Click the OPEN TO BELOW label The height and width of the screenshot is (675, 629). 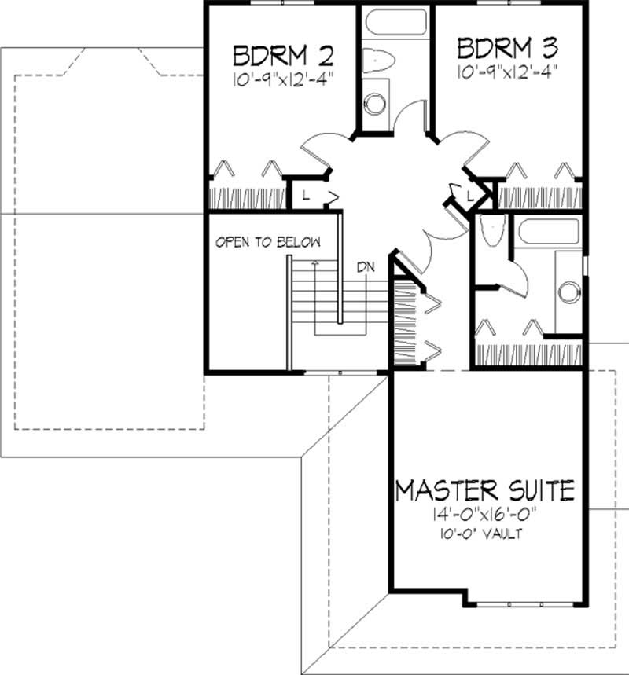click(x=268, y=242)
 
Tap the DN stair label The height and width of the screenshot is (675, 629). click(x=365, y=266)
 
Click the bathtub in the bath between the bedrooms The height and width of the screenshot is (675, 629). click(x=392, y=22)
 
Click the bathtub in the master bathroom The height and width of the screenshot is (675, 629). click(x=547, y=232)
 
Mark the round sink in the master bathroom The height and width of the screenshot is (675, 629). click(x=568, y=292)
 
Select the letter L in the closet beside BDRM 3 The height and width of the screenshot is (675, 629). click(x=469, y=193)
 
